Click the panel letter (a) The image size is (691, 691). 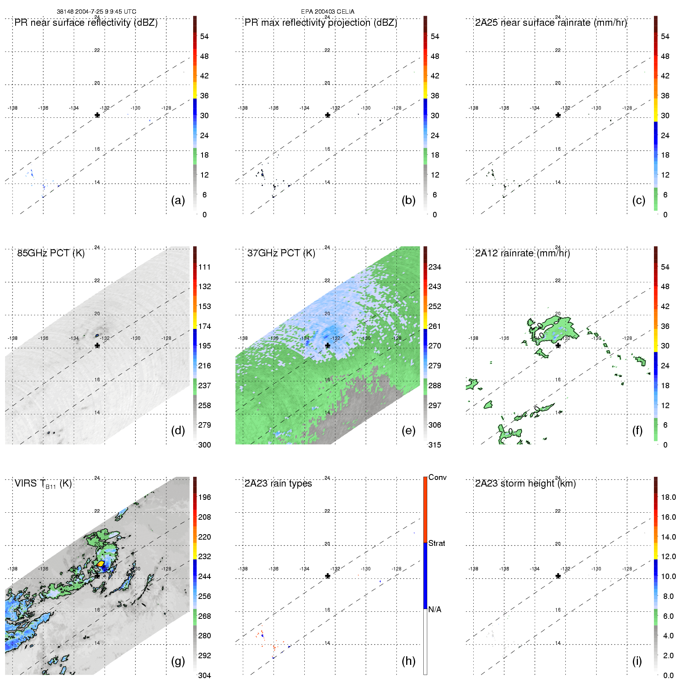178,201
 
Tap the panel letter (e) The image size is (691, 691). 409,431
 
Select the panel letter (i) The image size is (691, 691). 637,661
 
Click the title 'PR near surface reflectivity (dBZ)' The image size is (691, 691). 86,23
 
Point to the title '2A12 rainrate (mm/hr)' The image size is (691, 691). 522,253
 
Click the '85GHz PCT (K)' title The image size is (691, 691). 51,253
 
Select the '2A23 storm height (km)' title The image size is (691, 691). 525,483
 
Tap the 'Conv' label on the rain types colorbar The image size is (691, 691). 437,478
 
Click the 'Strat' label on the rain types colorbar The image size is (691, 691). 437,544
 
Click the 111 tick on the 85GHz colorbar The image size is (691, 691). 204,267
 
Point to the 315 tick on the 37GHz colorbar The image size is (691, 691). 435,445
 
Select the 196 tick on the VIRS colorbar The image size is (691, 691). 204,497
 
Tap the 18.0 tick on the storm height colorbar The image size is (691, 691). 668,497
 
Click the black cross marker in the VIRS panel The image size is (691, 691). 97,576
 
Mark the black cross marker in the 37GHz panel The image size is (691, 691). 328,346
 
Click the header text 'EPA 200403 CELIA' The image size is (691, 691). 328,12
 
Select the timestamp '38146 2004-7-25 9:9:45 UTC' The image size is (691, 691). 96,12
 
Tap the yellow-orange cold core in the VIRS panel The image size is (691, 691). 101,564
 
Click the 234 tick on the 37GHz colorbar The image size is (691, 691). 435,267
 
